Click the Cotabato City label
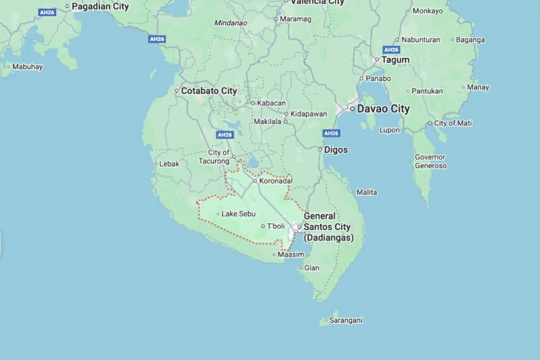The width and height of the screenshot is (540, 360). click(x=209, y=91)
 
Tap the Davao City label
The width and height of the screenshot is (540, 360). click(x=383, y=109)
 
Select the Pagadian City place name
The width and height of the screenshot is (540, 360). click(x=100, y=6)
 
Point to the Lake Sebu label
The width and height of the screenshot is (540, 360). click(x=238, y=214)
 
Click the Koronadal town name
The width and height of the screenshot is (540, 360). click(x=276, y=181)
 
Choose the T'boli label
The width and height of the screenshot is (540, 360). click(x=276, y=226)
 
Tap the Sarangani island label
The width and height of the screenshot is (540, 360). click(x=346, y=320)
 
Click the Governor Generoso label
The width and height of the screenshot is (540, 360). click(x=430, y=161)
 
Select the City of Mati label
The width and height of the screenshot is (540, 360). click(x=453, y=123)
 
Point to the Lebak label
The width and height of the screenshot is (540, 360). click(x=169, y=164)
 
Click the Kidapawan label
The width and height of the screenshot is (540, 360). click(x=308, y=114)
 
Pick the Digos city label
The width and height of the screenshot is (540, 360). click(x=336, y=150)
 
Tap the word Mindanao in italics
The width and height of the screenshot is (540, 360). click(x=230, y=23)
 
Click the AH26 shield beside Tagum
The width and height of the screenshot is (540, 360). click(x=391, y=50)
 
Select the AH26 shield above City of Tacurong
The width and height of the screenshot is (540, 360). click(x=225, y=135)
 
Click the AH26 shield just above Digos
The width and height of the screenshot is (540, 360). click(x=331, y=133)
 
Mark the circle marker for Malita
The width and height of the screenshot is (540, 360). click(x=353, y=192)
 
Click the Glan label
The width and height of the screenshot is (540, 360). click(x=312, y=268)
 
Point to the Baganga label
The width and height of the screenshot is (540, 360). click(x=470, y=40)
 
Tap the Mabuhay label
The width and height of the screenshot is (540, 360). click(x=27, y=67)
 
